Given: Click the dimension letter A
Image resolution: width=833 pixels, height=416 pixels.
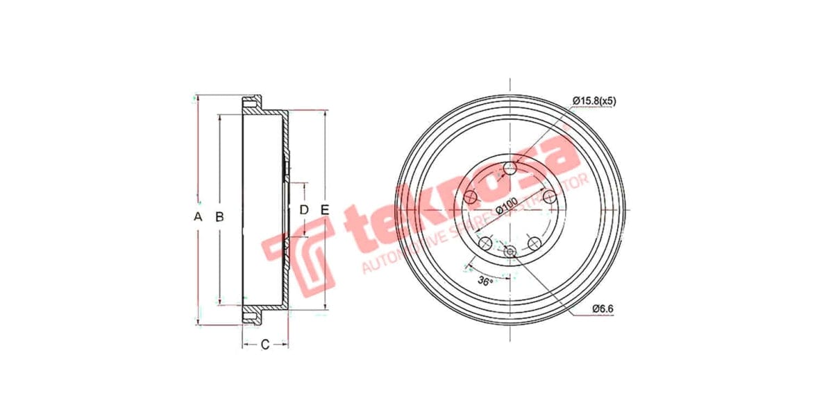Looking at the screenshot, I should [x=198, y=217].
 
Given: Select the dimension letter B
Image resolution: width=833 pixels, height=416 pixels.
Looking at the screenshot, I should [x=219, y=217].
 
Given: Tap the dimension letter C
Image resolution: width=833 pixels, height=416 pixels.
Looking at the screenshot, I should [x=264, y=345].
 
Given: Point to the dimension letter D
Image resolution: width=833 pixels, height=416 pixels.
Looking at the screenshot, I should [x=304, y=209].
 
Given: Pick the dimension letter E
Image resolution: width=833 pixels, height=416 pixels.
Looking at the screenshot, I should [x=324, y=209].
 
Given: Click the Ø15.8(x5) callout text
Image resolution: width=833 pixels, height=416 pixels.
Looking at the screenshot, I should [x=594, y=101].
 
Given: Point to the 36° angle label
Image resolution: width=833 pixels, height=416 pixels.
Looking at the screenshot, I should [x=485, y=281].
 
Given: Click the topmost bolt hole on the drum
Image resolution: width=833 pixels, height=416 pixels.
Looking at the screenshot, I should [x=512, y=168].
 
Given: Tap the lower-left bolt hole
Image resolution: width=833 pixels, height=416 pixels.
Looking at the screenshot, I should [x=486, y=244].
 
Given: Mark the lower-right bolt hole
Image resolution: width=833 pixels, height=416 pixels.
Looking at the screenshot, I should [x=535, y=244].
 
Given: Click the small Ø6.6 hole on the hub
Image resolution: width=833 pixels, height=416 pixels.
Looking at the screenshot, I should [x=511, y=251].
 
